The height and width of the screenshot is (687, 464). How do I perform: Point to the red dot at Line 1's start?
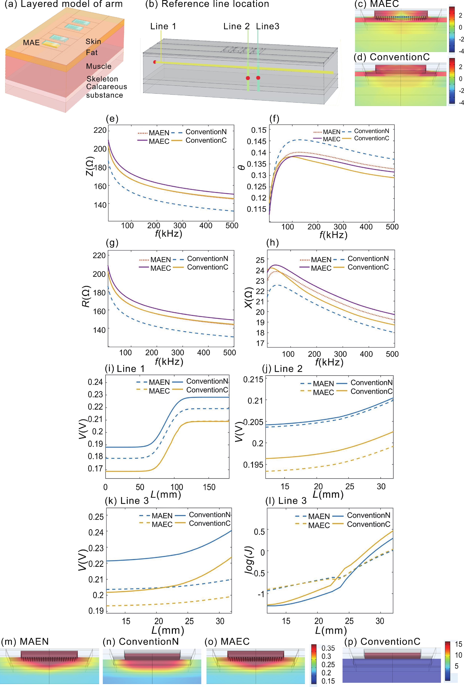point(154,62)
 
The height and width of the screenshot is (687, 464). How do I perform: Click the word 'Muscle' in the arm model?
point(99,66)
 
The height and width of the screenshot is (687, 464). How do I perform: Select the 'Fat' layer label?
point(92,53)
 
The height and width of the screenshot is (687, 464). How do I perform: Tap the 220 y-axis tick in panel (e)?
point(100,130)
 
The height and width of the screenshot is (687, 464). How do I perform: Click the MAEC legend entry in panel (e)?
point(159,141)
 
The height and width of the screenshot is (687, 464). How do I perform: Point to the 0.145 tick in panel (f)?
point(256,141)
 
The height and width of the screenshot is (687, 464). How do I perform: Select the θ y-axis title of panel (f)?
point(241,167)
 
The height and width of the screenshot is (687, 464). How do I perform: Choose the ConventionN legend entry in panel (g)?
point(207,259)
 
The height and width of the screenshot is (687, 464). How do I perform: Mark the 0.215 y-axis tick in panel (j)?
point(253,380)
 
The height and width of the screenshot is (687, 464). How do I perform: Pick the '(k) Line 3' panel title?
point(127,501)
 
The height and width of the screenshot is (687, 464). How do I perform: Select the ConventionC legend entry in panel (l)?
point(368,524)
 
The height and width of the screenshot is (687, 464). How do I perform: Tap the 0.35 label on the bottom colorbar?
point(328,648)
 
